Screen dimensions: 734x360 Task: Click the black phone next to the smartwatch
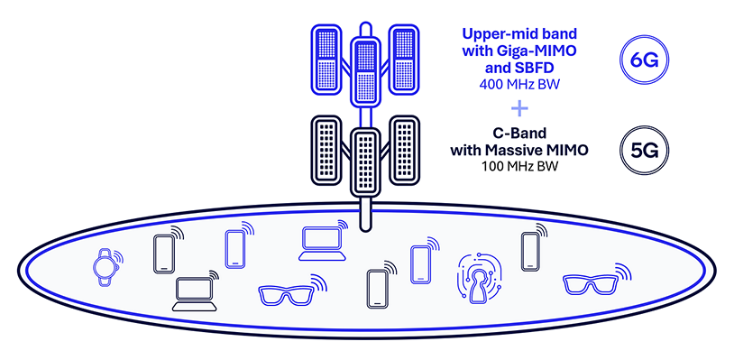[164, 254]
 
